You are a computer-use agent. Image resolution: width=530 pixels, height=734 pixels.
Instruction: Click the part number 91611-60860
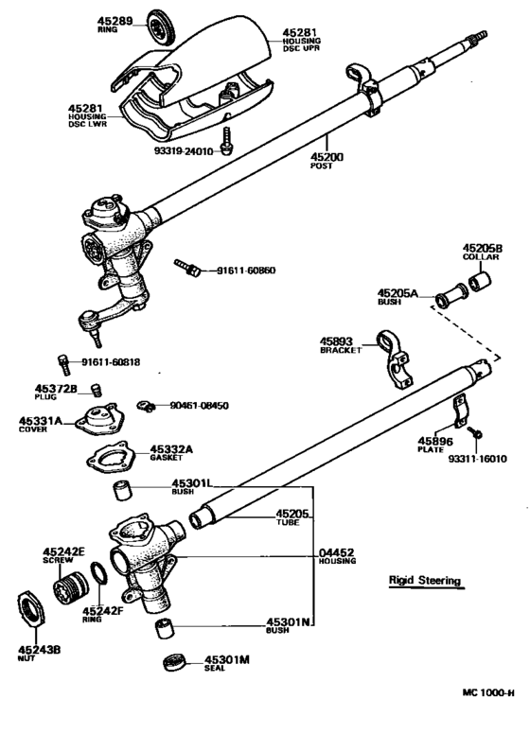tap(249, 271)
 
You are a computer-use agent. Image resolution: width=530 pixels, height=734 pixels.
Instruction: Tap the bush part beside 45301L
tap(122, 491)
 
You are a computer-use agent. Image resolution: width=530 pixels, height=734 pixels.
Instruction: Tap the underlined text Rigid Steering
tap(425, 580)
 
